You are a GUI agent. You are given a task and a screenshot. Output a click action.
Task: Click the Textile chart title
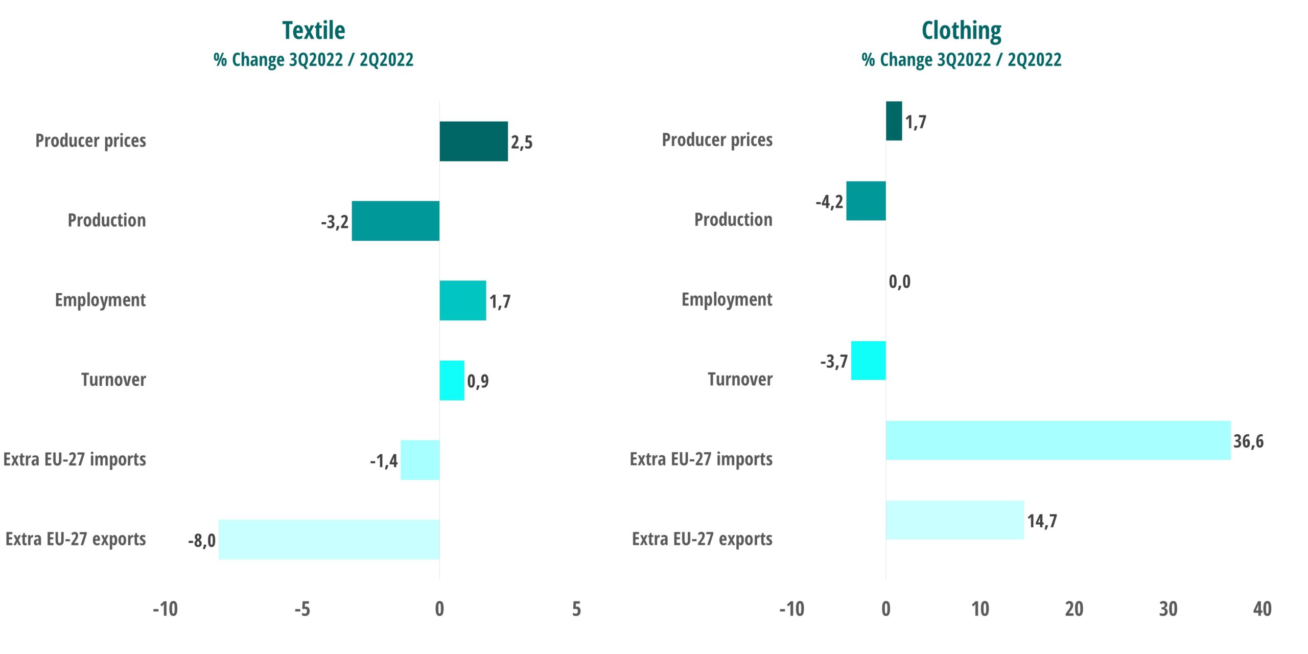coord(313,31)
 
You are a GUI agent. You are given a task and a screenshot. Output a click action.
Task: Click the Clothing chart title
coord(961,31)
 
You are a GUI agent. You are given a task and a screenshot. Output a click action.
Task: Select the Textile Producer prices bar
coord(474,142)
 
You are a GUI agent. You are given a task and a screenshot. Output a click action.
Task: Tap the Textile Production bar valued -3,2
coord(395,221)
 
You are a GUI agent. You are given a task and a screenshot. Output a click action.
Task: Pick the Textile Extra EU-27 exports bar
coord(329,540)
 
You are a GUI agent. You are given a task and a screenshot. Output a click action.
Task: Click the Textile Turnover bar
coord(452,381)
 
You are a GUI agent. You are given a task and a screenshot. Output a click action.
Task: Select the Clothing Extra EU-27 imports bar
coord(1058,440)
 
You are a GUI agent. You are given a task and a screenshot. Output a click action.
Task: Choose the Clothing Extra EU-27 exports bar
coord(954,520)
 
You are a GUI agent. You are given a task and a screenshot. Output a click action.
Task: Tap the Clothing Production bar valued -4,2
coord(866,201)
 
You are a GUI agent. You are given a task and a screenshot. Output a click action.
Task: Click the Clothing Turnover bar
coord(868,361)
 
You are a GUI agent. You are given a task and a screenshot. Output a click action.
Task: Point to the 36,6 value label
coord(1248,441)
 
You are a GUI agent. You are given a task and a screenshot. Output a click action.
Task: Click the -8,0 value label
coord(202,541)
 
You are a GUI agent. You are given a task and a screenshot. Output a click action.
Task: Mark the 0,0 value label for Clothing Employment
coord(899,282)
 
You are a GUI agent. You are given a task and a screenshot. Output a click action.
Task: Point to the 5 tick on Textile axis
coord(576,609)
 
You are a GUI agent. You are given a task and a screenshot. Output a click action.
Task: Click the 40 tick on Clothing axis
coord(1262,609)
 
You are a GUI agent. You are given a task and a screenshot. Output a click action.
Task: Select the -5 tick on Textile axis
coord(302,609)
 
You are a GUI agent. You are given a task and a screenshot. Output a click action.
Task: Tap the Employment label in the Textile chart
coord(100,300)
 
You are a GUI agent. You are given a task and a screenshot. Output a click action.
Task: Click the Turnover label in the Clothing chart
coord(740,380)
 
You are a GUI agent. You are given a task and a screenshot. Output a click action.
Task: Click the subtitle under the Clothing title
coord(961,60)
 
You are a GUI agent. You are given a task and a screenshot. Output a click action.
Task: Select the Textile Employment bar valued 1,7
coord(462,300)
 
